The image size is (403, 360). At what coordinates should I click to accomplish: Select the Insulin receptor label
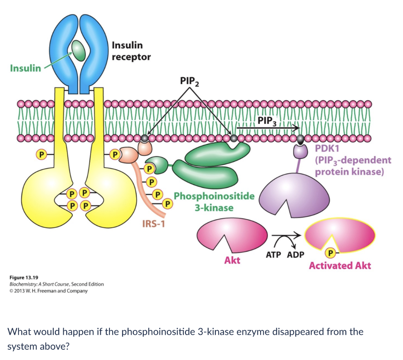pos(131,51)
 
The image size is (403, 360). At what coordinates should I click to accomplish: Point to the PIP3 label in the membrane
pos(268,120)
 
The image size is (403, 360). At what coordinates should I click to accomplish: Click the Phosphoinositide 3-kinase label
pos(214,201)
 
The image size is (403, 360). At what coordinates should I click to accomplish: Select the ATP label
pos(274,255)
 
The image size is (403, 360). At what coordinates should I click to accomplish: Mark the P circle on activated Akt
pos(331,252)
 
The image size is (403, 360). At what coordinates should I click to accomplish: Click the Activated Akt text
pos(340,266)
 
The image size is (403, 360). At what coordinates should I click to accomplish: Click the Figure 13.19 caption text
pos(23,277)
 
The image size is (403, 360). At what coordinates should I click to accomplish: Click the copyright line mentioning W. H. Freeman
pos(48,291)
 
